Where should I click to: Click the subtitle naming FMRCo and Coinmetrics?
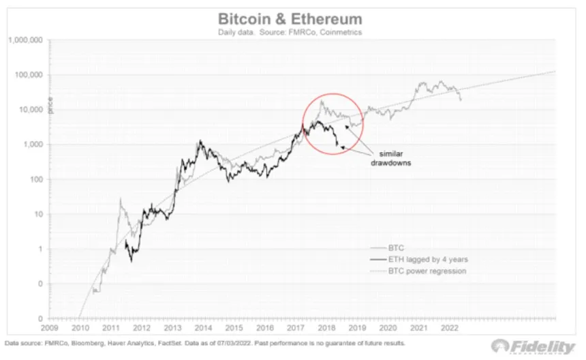coord(290,31)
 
